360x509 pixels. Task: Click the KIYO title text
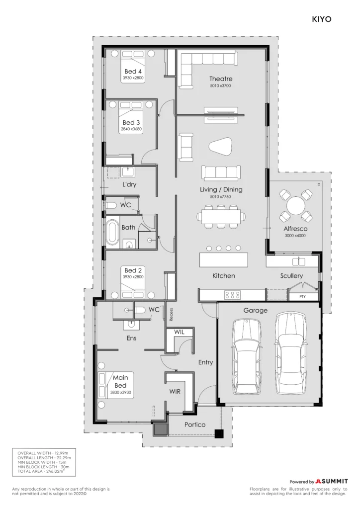(x=321, y=19)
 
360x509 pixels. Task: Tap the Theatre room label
(x=221, y=79)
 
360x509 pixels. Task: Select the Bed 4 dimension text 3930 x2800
(x=133, y=78)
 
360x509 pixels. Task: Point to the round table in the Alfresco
(x=296, y=206)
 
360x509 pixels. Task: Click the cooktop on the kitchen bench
(x=232, y=295)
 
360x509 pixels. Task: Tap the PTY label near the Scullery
(x=302, y=296)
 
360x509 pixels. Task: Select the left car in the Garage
(x=247, y=356)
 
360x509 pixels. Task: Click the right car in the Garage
(x=290, y=353)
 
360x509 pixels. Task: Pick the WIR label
(x=175, y=392)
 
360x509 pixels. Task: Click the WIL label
(x=179, y=332)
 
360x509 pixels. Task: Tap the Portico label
(x=195, y=424)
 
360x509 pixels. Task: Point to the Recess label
(x=171, y=314)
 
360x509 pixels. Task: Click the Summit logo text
(x=332, y=481)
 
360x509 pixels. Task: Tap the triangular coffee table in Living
(x=221, y=147)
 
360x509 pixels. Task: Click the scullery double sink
(x=298, y=261)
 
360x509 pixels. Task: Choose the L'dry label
(x=129, y=184)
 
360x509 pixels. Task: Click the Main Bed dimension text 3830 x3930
(x=120, y=393)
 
